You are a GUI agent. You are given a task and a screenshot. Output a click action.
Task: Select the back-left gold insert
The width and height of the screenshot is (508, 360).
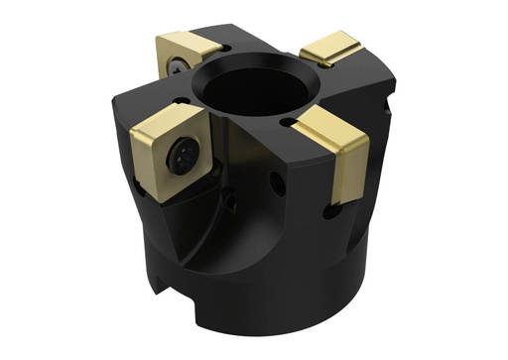click(188, 50)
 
